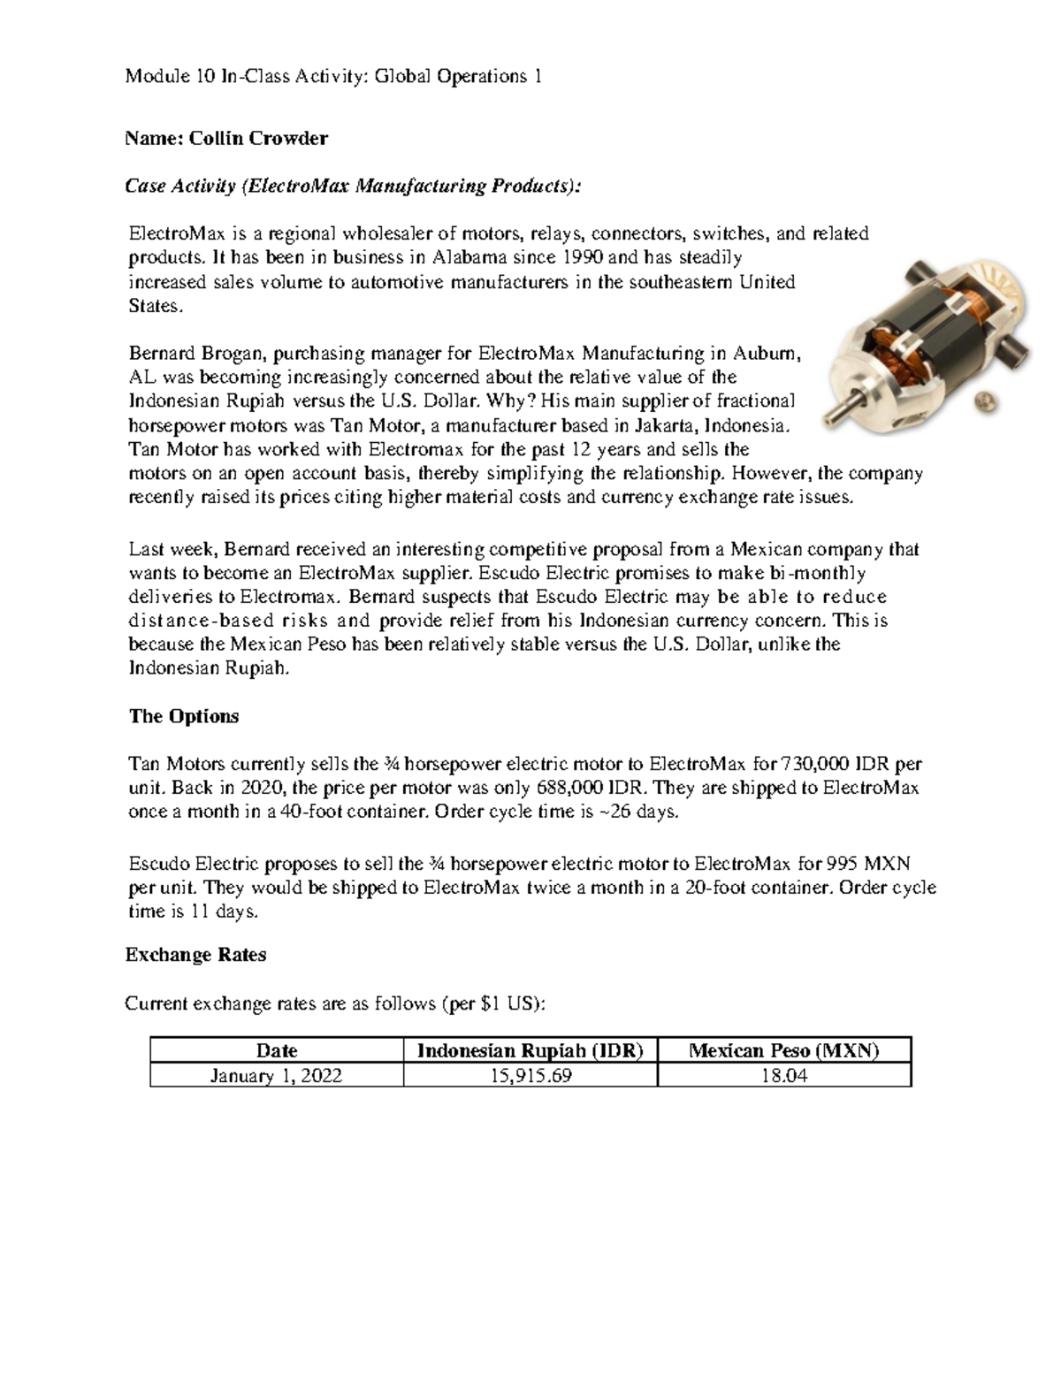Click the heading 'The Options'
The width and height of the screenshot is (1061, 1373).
click(184, 716)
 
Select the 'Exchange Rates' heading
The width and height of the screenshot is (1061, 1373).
click(195, 955)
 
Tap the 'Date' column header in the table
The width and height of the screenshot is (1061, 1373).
click(276, 1050)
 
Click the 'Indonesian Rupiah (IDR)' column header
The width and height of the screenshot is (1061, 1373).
click(530, 1050)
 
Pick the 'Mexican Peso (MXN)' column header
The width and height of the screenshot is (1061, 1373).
click(783, 1050)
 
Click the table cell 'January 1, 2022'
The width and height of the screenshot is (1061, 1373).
click(276, 1075)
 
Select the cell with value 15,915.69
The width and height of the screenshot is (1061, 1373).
click(530, 1075)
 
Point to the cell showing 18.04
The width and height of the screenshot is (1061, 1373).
click(783, 1075)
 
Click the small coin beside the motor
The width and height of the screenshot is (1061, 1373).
click(981, 402)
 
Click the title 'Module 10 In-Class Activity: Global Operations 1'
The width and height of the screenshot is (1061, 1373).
click(333, 77)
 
